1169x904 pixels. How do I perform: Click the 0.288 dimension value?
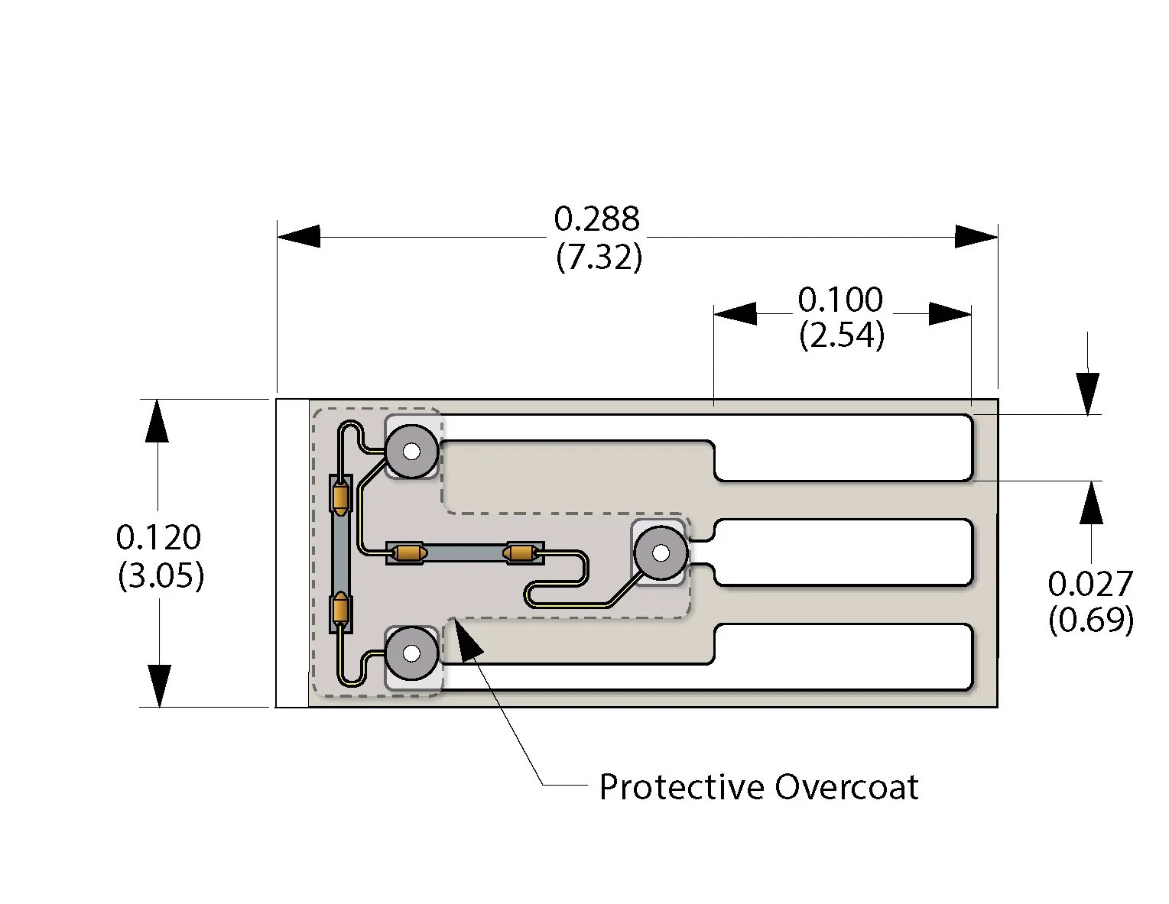pos(596,219)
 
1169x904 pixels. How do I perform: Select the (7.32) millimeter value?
pos(599,257)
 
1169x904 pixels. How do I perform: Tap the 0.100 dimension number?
pos(840,300)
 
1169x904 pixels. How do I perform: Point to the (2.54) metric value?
pos(842,335)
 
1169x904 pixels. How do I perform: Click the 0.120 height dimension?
pos(158,538)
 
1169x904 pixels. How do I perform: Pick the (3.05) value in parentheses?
pos(161,575)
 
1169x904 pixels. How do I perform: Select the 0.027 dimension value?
pos(1089,585)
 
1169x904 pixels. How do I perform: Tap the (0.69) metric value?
pos(1090,620)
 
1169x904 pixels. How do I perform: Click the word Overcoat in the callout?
pos(846,787)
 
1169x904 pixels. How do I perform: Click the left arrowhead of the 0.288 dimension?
pos(299,237)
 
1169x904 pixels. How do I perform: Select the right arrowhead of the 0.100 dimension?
pos(950,314)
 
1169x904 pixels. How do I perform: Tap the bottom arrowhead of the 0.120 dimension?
pos(159,685)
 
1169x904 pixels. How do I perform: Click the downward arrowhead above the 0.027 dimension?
pos(1087,394)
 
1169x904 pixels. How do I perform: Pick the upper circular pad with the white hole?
pos(411,452)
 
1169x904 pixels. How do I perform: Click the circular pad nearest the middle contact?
pos(661,552)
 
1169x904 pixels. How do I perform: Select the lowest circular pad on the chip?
pos(411,653)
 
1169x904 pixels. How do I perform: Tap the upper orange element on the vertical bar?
pos(340,497)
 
